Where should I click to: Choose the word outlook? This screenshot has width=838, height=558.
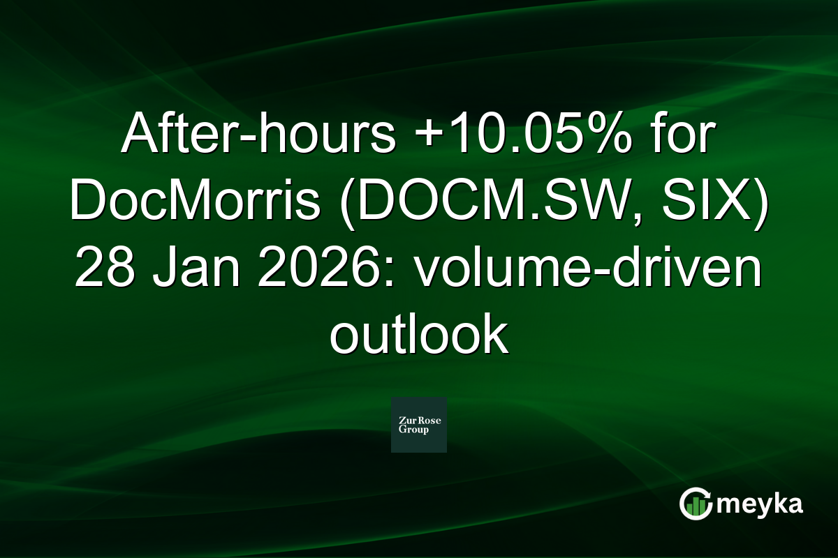click(x=418, y=336)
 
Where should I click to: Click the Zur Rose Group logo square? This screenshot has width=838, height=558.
click(x=418, y=425)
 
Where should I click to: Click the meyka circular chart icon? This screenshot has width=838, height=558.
click(x=696, y=504)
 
